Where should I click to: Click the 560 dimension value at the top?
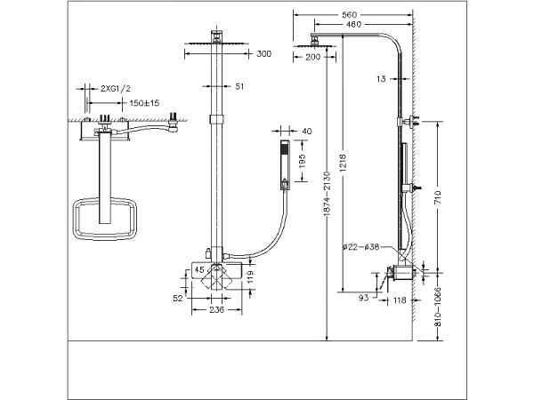point(349,15)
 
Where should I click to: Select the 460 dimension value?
point(353,25)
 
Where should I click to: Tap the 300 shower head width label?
point(263,53)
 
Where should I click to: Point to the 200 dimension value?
point(312,57)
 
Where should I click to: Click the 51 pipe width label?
point(239,86)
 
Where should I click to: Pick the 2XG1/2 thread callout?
point(116,89)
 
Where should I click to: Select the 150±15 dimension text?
point(144,103)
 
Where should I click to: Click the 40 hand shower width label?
point(306,132)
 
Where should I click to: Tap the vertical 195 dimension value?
point(303,161)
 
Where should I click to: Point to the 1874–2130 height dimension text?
point(327,194)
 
